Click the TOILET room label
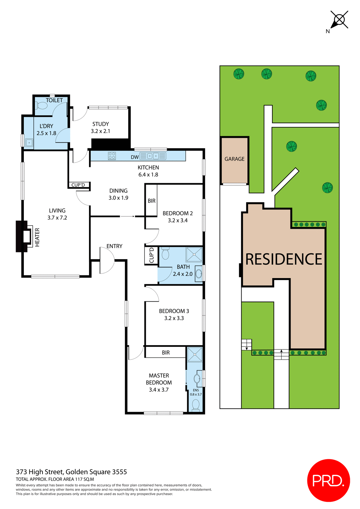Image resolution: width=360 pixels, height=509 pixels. pos(54,100)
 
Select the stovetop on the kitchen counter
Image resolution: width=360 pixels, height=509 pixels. pos(112,156)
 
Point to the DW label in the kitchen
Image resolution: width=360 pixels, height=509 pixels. pos(135,157)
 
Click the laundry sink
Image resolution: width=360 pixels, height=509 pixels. pos(29,143)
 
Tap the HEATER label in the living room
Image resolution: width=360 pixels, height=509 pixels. pos(37,237)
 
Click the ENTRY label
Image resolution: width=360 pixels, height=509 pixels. pos(114,246)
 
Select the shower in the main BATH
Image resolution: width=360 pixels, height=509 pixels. pos(194,254)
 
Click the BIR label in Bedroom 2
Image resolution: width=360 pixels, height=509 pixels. pos(151,201)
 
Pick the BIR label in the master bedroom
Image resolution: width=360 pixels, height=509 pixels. pos(166,353)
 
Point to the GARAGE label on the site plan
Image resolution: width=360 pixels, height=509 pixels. pos(234,159)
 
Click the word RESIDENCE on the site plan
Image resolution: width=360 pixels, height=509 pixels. pos(283,259)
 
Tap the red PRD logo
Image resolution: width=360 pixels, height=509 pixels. pos(328,480)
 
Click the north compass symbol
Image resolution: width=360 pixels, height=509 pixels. pos(339,20)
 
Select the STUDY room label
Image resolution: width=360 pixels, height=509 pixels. pos(100,124)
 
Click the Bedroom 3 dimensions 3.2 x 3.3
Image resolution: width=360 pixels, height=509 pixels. pos(174,318)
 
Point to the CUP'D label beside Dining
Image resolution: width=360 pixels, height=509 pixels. pos(78,185)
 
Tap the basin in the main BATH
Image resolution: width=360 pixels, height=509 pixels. pos(199,274)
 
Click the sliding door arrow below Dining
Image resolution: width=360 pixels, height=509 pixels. pos(128,216)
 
